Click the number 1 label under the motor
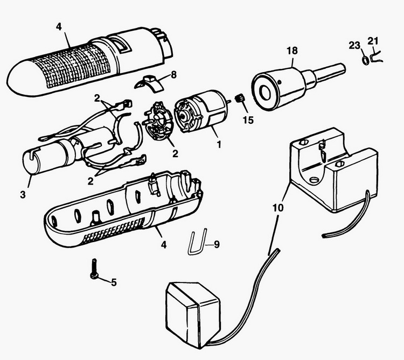coord(219,145)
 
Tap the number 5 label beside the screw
coord(114,281)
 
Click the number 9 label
coord(217,245)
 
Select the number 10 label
coord(275,204)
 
